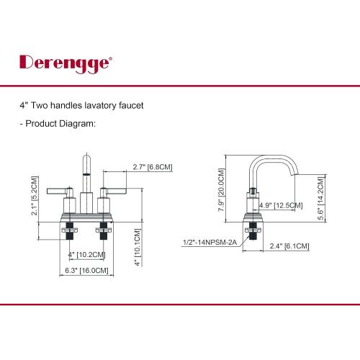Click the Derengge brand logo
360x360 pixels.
point(66,63)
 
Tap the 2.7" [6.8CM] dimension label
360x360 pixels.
point(153,167)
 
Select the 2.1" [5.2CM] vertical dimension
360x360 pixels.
point(35,196)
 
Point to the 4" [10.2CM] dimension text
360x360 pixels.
point(86,255)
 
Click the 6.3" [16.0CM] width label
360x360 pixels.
point(86,271)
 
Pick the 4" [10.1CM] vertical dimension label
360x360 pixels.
point(138,247)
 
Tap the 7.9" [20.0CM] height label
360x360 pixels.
point(221,189)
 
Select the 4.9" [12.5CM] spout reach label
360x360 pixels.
point(281,205)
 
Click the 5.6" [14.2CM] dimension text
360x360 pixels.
point(320,199)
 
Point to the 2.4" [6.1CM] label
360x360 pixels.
point(289,246)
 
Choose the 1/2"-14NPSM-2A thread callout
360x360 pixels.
point(210,242)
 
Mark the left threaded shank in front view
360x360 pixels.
point(70,230)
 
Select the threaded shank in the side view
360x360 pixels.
point(253,230)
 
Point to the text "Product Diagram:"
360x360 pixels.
point(60,124)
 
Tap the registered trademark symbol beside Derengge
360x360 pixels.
point(110,58)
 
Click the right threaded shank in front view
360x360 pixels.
point(104,230)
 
